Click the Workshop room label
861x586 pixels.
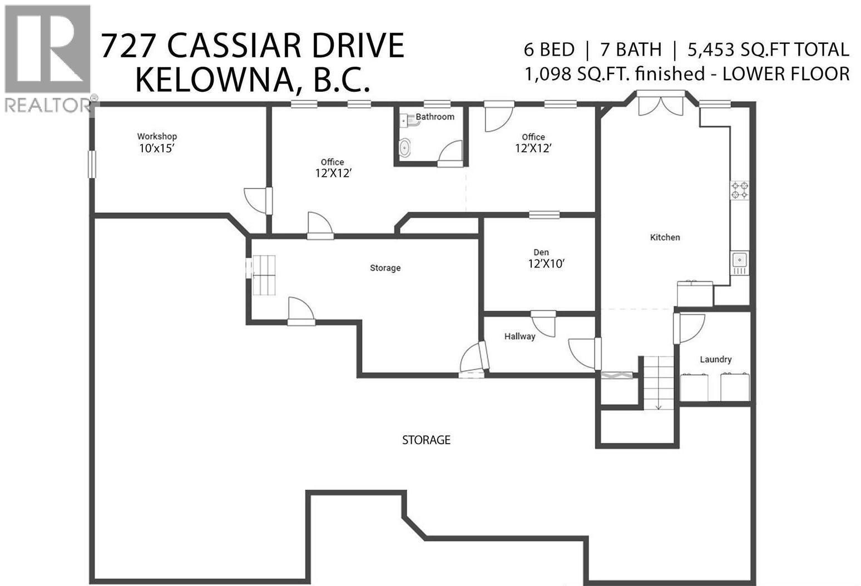(157, 136)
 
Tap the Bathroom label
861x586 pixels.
(435, 117)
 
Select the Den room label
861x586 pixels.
(541, 252)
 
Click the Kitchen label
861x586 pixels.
(665, 237)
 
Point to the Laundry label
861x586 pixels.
(715, 360)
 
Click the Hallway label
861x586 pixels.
(519, 336)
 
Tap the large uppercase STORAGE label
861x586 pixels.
(426, 440)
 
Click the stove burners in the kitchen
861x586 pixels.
(739, 190)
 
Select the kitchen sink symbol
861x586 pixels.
(739, 260)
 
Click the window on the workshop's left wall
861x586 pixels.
(92, 165)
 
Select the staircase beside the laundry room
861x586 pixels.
(659, 383)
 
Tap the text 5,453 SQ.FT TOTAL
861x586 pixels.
(768, 50)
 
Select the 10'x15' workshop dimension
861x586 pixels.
(157, 148)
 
